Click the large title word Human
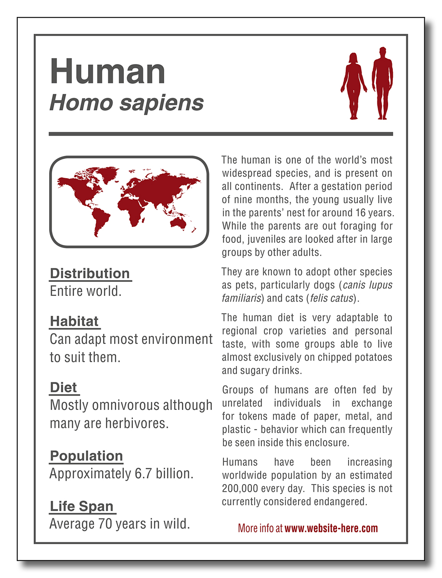click(x=107, y=71)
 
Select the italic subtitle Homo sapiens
click(x=127, y=103)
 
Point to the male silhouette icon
click(x=382, y=83)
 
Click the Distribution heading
click(x=90, y=274)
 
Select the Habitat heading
click(x=74, y=321)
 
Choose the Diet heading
click(x=64, y=387)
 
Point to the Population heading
click(x=87, y=456)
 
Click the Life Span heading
click(x=82, y=506)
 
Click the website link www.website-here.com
click(x=331, y=528)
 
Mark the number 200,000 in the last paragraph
click(x=243, y=488)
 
